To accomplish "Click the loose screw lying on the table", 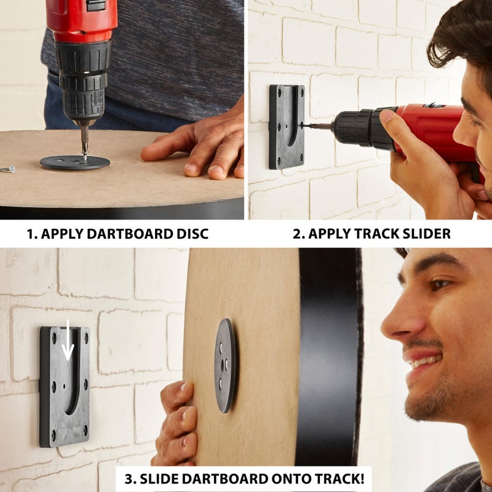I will (x=7, y=168).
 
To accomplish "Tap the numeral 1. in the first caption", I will (x=32, y=234).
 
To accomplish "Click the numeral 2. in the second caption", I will (x=299, y=234).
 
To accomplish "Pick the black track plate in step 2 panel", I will (x=287, y=127).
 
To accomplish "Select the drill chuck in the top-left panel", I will (x=82, y=86).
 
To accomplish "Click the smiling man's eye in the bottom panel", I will (x=439, y=285).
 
